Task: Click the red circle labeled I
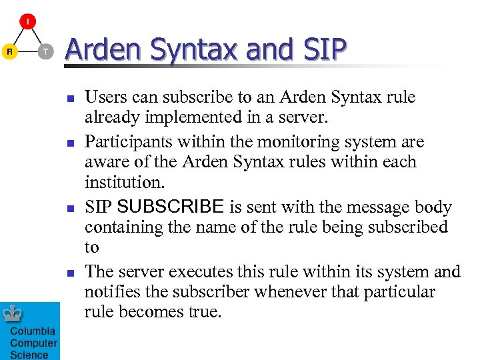(x=27, y=22)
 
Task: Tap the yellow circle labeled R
(x=9, y=51)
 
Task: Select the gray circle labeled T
(x=45, y=51)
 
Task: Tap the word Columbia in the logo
(x=33, y=331)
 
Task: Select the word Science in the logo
(x=29, y=355)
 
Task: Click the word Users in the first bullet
(x=106, y=97)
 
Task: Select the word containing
(x=121, y=227)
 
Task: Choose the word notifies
(x=109, y=292)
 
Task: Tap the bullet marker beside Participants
(x=69, y=143)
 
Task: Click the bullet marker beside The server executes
(x=69, y=273)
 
